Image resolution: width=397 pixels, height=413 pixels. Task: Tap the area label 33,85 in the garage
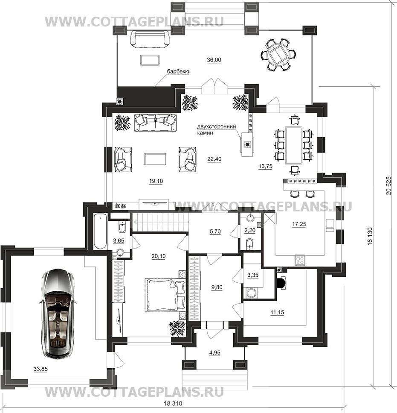[41, 369]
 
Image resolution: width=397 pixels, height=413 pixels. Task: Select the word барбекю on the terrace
[178, 72]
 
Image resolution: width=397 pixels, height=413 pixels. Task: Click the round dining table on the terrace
[278, 55]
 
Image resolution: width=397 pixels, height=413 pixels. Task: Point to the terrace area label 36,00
[214, 60]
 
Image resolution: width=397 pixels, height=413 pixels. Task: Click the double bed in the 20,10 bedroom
[165, 295]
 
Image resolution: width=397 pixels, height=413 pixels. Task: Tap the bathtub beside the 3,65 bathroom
[100, 232]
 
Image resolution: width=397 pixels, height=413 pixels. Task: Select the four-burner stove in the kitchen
[300, 260]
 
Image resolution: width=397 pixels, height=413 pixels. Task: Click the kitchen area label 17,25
[299, 224]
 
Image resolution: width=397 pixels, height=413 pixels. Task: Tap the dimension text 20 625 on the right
[388, 186]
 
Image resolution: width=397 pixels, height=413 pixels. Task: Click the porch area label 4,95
[215, 353]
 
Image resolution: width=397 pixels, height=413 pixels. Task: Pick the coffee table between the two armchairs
[155, 159]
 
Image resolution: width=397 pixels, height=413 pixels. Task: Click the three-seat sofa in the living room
[155, 123]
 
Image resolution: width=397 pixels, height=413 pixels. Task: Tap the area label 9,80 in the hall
[217, 287]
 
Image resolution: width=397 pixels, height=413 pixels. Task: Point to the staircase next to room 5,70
[160, 222]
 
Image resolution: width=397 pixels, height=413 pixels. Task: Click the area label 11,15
[277, 313]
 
